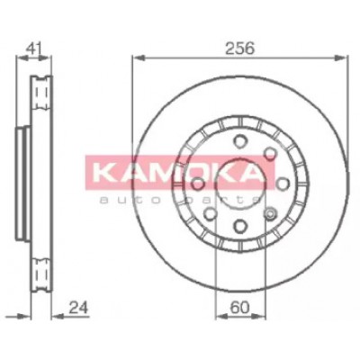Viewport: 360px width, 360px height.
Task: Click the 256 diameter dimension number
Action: [239, 48]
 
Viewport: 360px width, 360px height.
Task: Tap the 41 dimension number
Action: [33, 49]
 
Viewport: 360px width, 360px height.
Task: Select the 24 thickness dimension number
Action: [79, 308]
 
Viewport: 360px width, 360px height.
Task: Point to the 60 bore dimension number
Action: [240, 308]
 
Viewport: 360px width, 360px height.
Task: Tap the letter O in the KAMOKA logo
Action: [198, 173]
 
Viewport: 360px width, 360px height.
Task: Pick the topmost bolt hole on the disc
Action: [240, 141]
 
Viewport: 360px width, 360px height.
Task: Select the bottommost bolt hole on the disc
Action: [240, 226]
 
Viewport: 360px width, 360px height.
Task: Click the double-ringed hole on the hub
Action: [270, 213]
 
